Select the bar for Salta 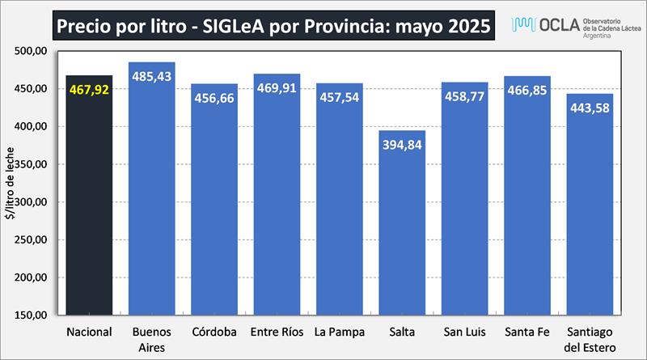[x=402, y=235]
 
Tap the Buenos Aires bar [x=152, y=202]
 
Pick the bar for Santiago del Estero [x=590, y=218]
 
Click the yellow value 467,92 [x=90, y=89]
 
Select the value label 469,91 [x=277, y=87]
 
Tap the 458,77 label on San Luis [x=465, y=96]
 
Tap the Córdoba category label [x=214, y=332]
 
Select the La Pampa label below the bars [x=339, y=332]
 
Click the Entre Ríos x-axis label [x=277, y=332]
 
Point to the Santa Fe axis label [x=526, y=332]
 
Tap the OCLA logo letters [x=554, y=23]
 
